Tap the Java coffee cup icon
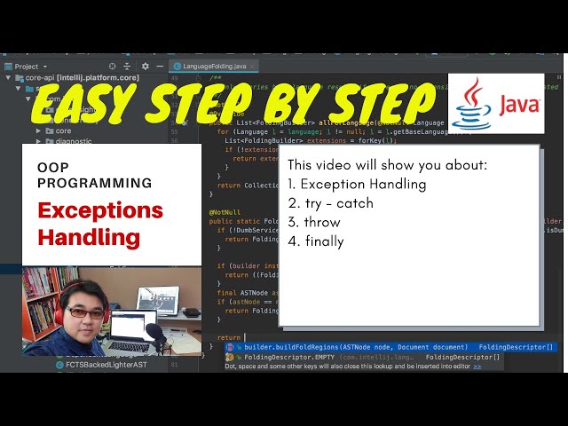point(473,104)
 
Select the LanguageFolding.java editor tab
point(213,66)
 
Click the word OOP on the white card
point(53,168)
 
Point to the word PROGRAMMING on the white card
point(95,184)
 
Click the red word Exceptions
point(100,211)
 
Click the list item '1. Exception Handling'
point(357,185)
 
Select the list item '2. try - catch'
point(330,203)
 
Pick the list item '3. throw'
point(314,222)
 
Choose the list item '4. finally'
point(316,241)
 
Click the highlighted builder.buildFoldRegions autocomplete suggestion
point(355,347)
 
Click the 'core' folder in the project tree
point(63,130)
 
